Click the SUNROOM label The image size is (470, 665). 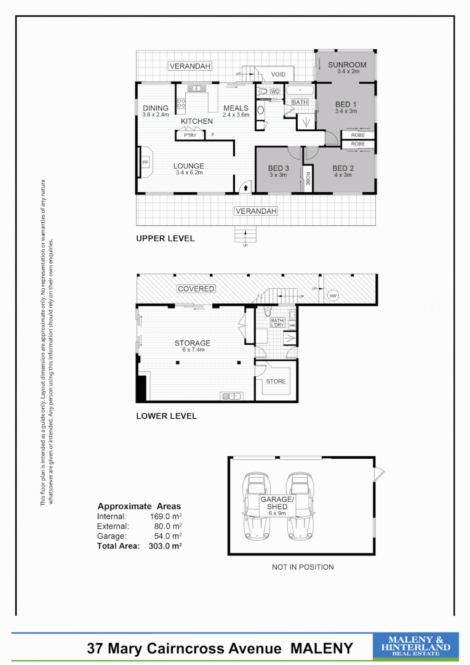(347, 65)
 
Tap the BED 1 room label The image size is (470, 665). (346, 104)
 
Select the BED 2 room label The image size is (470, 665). (343, 168)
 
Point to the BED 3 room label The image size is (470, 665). (278, 168)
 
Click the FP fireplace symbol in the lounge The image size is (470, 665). (145, 163)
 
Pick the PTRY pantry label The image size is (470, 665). (190, 135)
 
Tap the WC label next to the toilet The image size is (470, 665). (274, 92)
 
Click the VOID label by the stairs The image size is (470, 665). (279, 75)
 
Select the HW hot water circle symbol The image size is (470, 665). (333, 296)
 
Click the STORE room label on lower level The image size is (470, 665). (276, 381)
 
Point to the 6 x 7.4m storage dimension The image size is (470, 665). (192, 350)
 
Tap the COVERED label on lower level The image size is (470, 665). (196, 289)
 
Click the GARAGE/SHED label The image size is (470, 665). (274, 502)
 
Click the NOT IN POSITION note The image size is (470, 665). (303, 567)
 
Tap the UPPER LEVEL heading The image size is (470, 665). (165, 238)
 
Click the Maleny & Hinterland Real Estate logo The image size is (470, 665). (416, 647)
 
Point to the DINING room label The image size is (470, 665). (155, 108)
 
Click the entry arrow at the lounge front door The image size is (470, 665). (246, 187)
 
